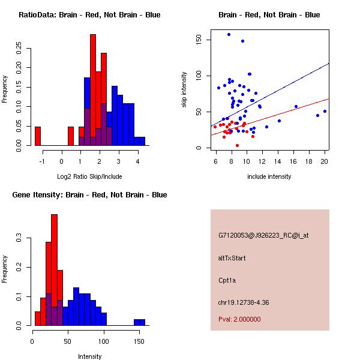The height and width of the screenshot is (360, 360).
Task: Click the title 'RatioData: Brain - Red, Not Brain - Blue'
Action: click(x=89, y=15)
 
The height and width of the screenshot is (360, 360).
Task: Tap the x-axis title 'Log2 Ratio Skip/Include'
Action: click(x=89, y=176)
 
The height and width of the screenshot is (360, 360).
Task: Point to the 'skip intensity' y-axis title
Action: click(x=185, y=90)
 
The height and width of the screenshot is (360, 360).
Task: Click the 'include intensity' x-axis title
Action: click(x=269, y=176)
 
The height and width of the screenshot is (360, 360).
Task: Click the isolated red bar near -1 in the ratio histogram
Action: click(x=38, y=136)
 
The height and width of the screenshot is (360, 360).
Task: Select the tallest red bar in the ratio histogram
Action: click(x=93, y=90)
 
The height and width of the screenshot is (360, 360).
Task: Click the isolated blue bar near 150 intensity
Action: click(x=139, y=322)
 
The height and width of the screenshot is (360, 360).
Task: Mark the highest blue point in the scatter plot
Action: click(x=229, y=35)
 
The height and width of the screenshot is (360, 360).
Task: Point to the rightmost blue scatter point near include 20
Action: click(x=325, y=111)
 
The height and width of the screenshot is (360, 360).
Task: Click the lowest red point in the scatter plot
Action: click(x=237, y=145)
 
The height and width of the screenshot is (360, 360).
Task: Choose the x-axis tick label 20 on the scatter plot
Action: click(x=325, y=161)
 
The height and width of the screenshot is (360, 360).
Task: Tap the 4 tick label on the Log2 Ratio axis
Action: click(x=138, y=161)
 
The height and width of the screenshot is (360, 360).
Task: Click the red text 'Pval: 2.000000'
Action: click(x=239, y=320)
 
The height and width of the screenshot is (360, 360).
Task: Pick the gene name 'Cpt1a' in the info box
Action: click(x=228, y=280)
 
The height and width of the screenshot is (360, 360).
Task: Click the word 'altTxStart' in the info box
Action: click(x=232, y=258)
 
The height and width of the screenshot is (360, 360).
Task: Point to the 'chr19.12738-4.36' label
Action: click(x=243, y=302)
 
